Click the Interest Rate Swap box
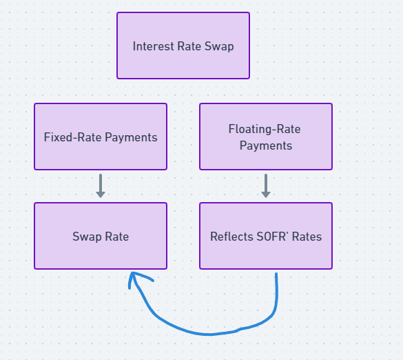click(183, 46)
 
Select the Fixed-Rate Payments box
click(101, 137)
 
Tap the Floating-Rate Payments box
click(266, 137)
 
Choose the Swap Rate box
click(101, 236)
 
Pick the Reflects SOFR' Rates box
click(266, 236)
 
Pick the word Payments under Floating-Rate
click(266, 146)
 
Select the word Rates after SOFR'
click(307, 237)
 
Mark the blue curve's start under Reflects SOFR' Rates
click(276, 276)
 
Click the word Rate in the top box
click(188, 47)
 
